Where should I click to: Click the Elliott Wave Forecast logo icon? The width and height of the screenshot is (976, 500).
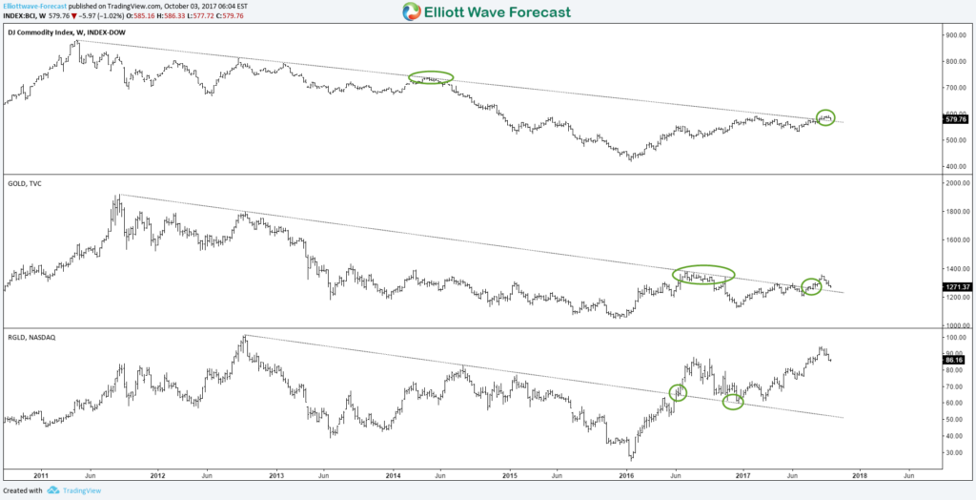point(412,12)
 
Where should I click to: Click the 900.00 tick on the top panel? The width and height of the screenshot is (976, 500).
point(954,35)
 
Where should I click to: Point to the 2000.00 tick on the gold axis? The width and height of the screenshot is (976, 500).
point(956,183)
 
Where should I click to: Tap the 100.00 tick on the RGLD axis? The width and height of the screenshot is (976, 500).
point(954,337)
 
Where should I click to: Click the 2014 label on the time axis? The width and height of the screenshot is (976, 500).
point(394,473)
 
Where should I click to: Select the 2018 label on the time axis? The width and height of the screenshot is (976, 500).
point(859,473)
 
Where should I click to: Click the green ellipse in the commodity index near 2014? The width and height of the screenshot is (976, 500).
point(432,78)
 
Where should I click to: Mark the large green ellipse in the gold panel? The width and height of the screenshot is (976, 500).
point(703,274)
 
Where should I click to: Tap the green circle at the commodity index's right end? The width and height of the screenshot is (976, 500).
point(825,117)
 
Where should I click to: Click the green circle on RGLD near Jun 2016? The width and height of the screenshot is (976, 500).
point(678,392)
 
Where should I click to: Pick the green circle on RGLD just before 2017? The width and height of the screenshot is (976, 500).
point(732,402)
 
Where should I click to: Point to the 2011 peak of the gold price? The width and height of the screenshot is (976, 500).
point(117,197)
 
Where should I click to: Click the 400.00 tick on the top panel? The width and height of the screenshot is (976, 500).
point(954,166)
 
